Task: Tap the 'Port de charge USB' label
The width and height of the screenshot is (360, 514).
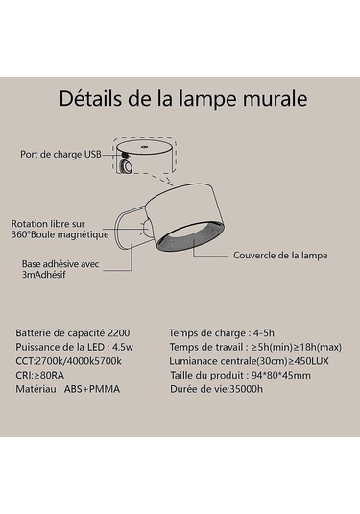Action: [60, 154]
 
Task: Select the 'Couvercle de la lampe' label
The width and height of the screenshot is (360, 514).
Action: [280, 256]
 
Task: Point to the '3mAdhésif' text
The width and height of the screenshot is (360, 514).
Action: [44, 275]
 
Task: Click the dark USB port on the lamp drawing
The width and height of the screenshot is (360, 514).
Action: [125, 155]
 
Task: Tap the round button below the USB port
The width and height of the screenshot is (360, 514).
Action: [126, 167]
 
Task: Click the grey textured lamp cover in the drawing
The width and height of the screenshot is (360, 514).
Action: [191, 237]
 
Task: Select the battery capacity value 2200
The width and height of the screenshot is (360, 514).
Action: [119, 333]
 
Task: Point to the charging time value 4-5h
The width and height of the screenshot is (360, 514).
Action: [264, 333]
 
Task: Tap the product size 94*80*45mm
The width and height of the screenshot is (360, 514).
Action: [281, 375]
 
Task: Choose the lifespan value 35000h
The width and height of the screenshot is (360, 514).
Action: [246, 389]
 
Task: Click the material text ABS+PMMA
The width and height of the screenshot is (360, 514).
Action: [92, 389]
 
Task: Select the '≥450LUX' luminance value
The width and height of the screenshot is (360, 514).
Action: [308, 361]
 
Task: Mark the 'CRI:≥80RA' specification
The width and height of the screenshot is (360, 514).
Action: [40, 375]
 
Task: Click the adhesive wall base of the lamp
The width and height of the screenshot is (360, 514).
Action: [129, 230]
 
